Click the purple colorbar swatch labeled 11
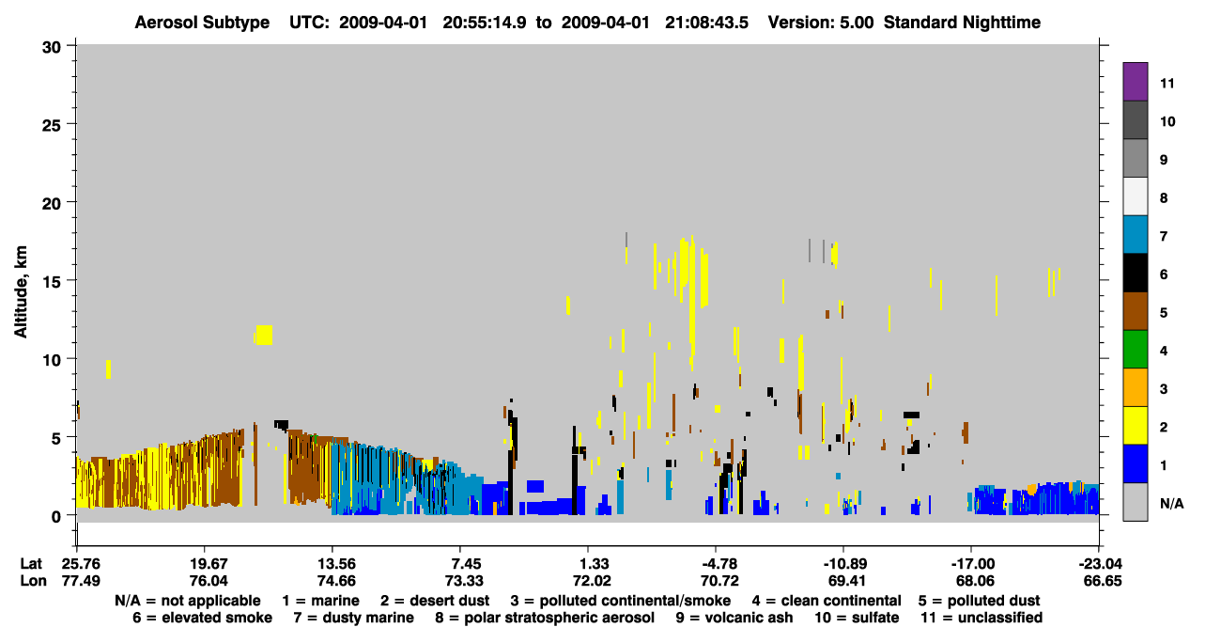[1135, 81]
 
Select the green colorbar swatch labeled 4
[1135, 350]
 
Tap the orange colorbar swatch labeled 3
[1135, 387]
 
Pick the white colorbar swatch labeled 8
[1135, 196]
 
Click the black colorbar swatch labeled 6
[1135, 273]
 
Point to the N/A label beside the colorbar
[1171, 503]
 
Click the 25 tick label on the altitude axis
[52, 125]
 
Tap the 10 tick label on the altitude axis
[52, 360]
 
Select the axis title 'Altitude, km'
[20, 292]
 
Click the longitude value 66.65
[1103, 581]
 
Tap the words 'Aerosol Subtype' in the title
[202, 23]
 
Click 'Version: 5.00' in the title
[821, 23]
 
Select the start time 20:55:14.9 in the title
[485, 23]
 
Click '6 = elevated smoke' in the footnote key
[202, 618]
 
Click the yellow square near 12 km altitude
[264, 335]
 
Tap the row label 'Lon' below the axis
[33, 581]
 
